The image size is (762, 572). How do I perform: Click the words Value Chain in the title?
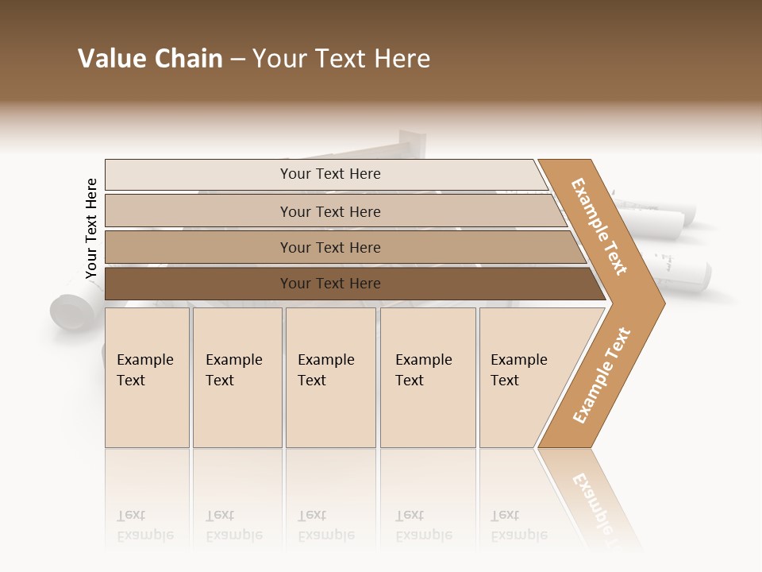[150, 59]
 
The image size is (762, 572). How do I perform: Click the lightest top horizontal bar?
[198, 174]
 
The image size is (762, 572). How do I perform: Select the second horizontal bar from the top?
[198, 211]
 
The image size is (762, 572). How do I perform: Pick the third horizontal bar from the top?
[198, 247]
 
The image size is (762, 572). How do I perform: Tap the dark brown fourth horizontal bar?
[198, 284]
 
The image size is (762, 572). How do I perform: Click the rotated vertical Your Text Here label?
[91, 228]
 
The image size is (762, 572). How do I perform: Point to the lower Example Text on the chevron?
[602, 375]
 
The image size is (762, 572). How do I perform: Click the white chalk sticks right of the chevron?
[675, 238]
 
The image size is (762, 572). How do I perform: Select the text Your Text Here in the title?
[341, 59]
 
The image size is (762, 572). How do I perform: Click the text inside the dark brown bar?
[330, 284]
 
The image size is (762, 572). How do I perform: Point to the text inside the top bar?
[330, 174]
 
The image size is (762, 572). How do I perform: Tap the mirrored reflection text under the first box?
[144, 526]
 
